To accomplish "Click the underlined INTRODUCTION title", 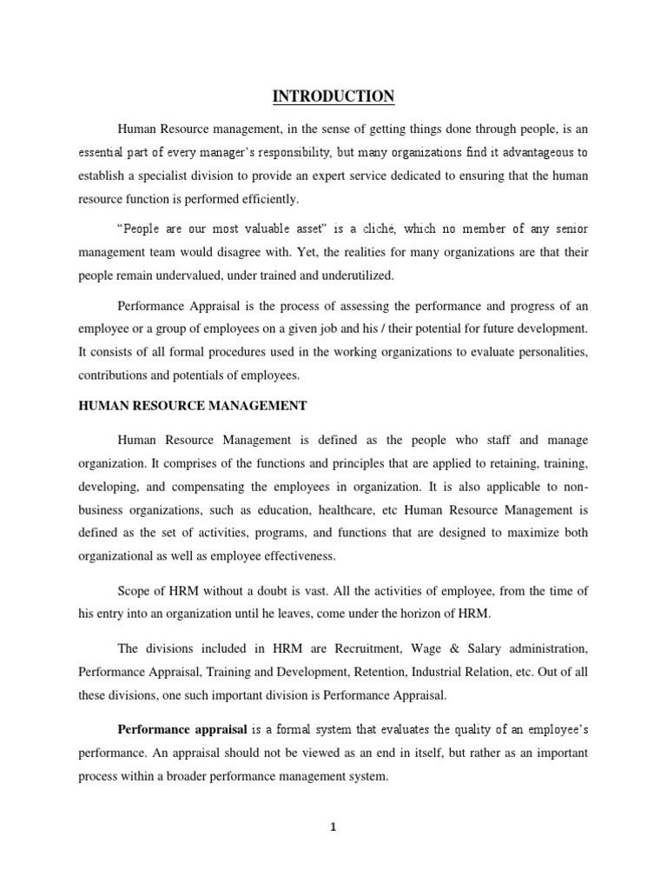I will (x=333, y=96).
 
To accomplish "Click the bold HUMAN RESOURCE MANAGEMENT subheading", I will (x=192, y=404).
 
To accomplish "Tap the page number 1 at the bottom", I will (x=333, y=827).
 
